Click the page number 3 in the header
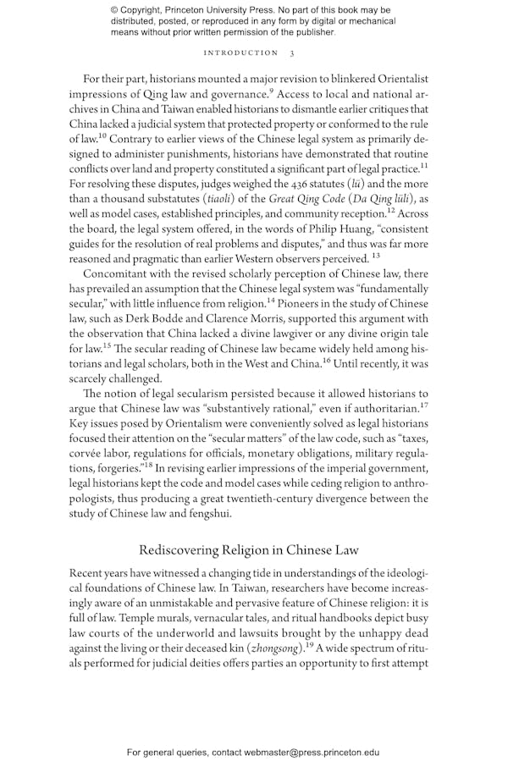click(x=292, y=52)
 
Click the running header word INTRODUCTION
click(x=241, y=52)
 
